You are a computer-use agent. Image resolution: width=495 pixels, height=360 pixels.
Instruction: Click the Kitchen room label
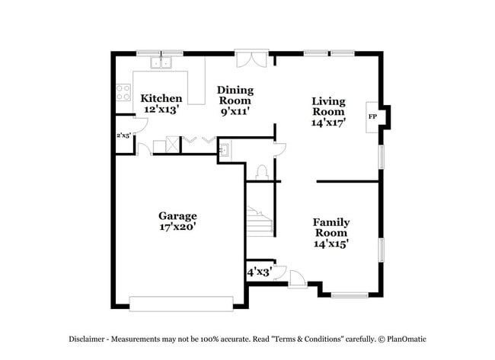(161, 98)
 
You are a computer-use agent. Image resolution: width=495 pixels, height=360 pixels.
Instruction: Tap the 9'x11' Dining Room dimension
(236, 111)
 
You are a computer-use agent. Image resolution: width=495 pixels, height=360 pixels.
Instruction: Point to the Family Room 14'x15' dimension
(331, 244)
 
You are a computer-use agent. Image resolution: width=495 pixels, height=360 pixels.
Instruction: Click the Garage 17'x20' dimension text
(177, 226)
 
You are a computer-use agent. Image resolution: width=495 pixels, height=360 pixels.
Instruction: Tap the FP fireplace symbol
(373, 116)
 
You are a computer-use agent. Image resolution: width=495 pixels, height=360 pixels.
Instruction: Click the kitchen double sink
(161, 62)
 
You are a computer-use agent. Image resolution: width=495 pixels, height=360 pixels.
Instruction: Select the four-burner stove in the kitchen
(123, 93)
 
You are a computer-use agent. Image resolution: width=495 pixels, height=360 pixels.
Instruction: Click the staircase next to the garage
(259, 219)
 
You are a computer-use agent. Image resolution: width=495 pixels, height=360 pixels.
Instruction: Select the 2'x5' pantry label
(122, 135)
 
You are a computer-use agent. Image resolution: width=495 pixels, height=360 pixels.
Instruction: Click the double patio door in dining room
(251, 59)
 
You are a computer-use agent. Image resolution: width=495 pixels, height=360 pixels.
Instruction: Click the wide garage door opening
(180, 304)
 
